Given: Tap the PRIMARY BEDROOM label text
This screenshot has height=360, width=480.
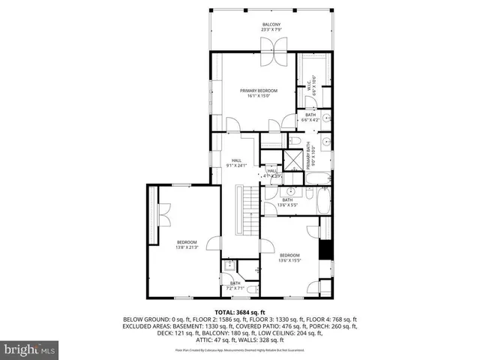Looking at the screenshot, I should pos(254,93).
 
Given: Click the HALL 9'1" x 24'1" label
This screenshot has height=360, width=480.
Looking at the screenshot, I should pos(236,162).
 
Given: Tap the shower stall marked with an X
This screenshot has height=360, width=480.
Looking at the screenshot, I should pos(289,159).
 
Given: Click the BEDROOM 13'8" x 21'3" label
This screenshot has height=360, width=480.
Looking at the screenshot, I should pos(187,244).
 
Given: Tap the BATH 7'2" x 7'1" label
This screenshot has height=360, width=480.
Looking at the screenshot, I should pos(235,286).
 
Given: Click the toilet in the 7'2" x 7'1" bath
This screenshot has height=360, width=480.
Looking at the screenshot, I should pos(253,289).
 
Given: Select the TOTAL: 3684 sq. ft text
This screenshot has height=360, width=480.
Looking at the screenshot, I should pos(239,311).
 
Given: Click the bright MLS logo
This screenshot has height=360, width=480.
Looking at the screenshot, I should pos(30,349).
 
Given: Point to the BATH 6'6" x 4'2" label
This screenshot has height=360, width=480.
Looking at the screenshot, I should pos(310,117).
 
